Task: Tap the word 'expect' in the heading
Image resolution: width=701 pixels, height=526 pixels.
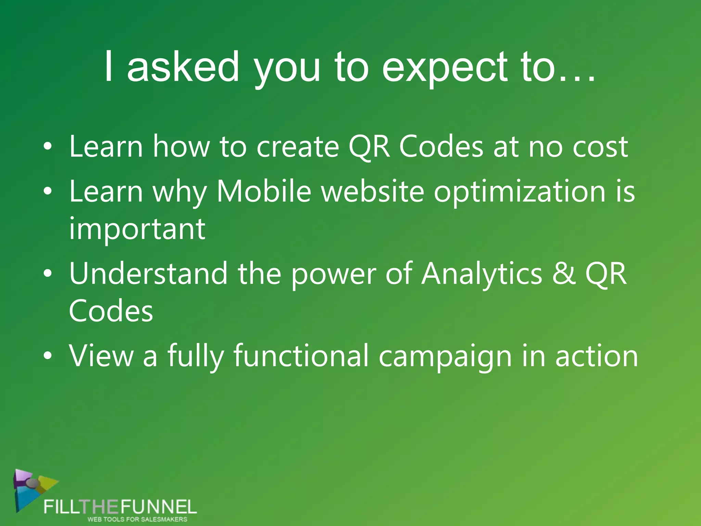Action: [x=444, y=67]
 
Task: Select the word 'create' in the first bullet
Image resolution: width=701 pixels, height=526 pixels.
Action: [x=298, y=147]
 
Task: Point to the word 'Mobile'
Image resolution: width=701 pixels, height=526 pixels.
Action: [x=264, y=191]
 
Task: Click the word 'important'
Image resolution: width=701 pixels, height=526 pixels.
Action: [x=137, y=229]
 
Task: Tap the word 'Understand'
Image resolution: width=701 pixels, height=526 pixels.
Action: [x=148, y=273]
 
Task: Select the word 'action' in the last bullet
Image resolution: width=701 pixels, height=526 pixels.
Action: [x=597, y=356]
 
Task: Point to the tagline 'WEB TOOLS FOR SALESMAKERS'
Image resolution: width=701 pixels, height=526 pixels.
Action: [x=137, y=519]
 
